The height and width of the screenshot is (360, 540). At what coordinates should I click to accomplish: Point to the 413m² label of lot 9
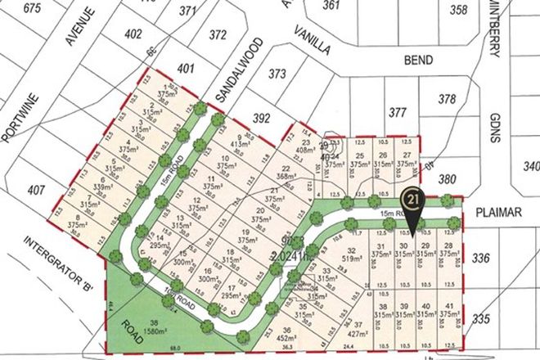point(242,145)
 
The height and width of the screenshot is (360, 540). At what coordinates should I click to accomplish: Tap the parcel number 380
point(469,178)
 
